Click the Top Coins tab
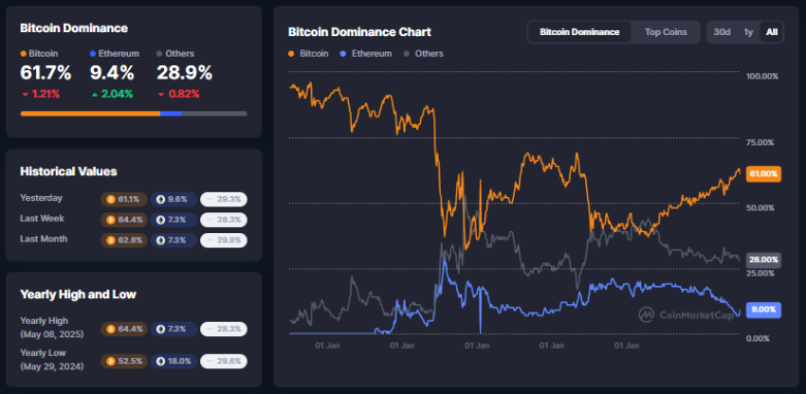pyautogui.click(x=666, y=31)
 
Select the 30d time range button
pyautogui.click(x=722, y=31)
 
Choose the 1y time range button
pyautogui.click(x=748, y=31)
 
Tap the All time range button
pyautogui.click(x=771, y=31)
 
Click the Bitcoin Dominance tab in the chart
pyautogui.click(x=578, y=31)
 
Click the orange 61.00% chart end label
pyautogui.click(x=763, y=174)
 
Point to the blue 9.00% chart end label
pyautogui.click(x=763, y=309)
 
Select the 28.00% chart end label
pyautogui.click(x=763, y=259)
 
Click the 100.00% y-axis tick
pyautogui.click(x=762, y=76)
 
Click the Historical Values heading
pyautogui.click(x=68, y=171)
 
